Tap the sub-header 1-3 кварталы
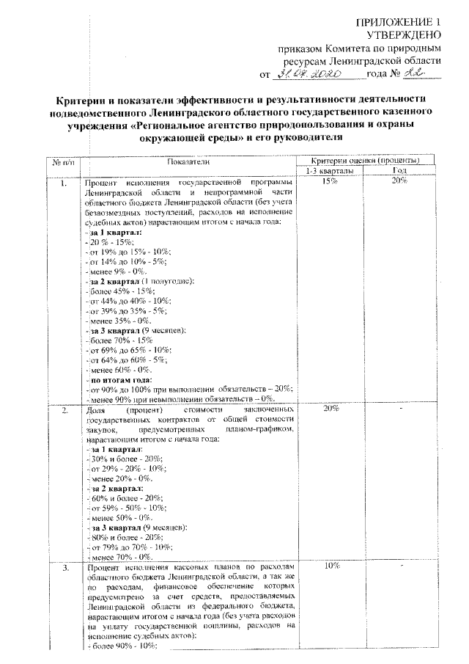point(330,170)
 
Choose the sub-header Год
point(399,170)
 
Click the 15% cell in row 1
point(330,180)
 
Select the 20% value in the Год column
point(399,180)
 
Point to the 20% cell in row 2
point(330,408)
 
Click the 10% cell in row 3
point(330,567)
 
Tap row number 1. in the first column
point(64,181)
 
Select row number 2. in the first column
point(64,409)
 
